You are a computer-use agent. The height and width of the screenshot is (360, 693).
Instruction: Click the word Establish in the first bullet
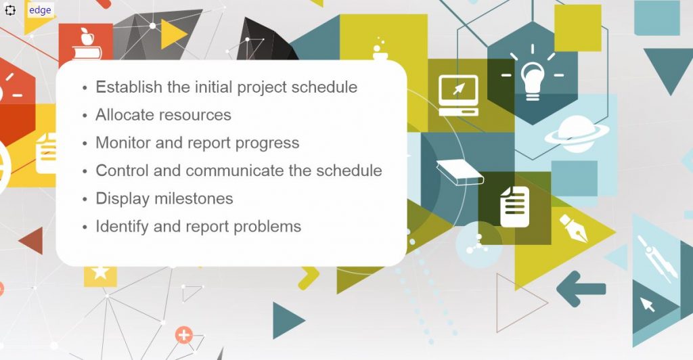[x=129, y=87]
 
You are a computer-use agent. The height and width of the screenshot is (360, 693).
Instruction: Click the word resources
[x=196, y=115]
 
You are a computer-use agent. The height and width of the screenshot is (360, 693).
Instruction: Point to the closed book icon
[x=460, y=172]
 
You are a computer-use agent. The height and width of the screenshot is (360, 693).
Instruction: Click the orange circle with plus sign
[x=183, y=334]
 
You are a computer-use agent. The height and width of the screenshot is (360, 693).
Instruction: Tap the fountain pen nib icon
[x=573, y=228]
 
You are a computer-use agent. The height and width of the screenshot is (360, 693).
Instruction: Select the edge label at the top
[x=40, y=10]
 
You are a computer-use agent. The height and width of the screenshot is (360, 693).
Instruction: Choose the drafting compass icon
[x=656, y=257]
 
